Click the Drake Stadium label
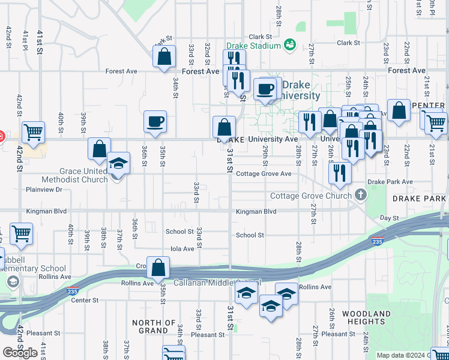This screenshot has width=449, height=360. [x=253, y=46]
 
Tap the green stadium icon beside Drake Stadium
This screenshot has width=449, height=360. [x=290, y=44]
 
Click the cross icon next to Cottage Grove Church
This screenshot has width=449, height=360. [x=360, y=194]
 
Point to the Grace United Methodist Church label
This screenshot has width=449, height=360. [x=74, y=175]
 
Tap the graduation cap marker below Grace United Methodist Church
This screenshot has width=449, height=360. [x=118, y=163]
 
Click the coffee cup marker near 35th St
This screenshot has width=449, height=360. [x=155, y=122]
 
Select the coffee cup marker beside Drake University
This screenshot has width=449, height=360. [x=265, y=89]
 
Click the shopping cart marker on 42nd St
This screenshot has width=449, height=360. [x=34, y=131]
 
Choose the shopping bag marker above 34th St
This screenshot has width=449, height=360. [x=164, y=57]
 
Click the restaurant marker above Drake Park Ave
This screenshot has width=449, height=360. [x=340, y=173]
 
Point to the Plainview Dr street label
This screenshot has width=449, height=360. [x=44, y=190]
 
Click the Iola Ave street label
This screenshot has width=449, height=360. [x=182, y=248]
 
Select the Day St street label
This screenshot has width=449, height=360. [x=390, y=218]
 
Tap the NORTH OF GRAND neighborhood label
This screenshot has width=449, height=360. [x=154, y=326]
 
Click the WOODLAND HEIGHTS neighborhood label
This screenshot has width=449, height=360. [x=367, y=318]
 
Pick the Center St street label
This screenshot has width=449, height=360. [x=85, y=300]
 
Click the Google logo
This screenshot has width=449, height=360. [x=20, y=353]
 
